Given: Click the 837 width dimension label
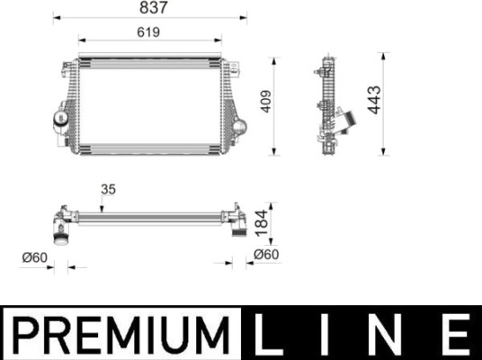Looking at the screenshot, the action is coord(154,7).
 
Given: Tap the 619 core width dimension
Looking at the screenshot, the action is coord(148,32).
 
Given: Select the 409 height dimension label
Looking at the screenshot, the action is coord(265,101).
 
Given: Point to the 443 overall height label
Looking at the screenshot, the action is coord(374,100).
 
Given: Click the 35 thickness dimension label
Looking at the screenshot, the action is coord(108,189).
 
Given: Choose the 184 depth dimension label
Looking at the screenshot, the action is coord(262,223).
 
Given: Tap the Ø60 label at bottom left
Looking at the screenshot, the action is coord(35,257).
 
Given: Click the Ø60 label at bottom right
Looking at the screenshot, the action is coord(266,255).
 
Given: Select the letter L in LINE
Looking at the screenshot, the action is coord(269,334).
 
